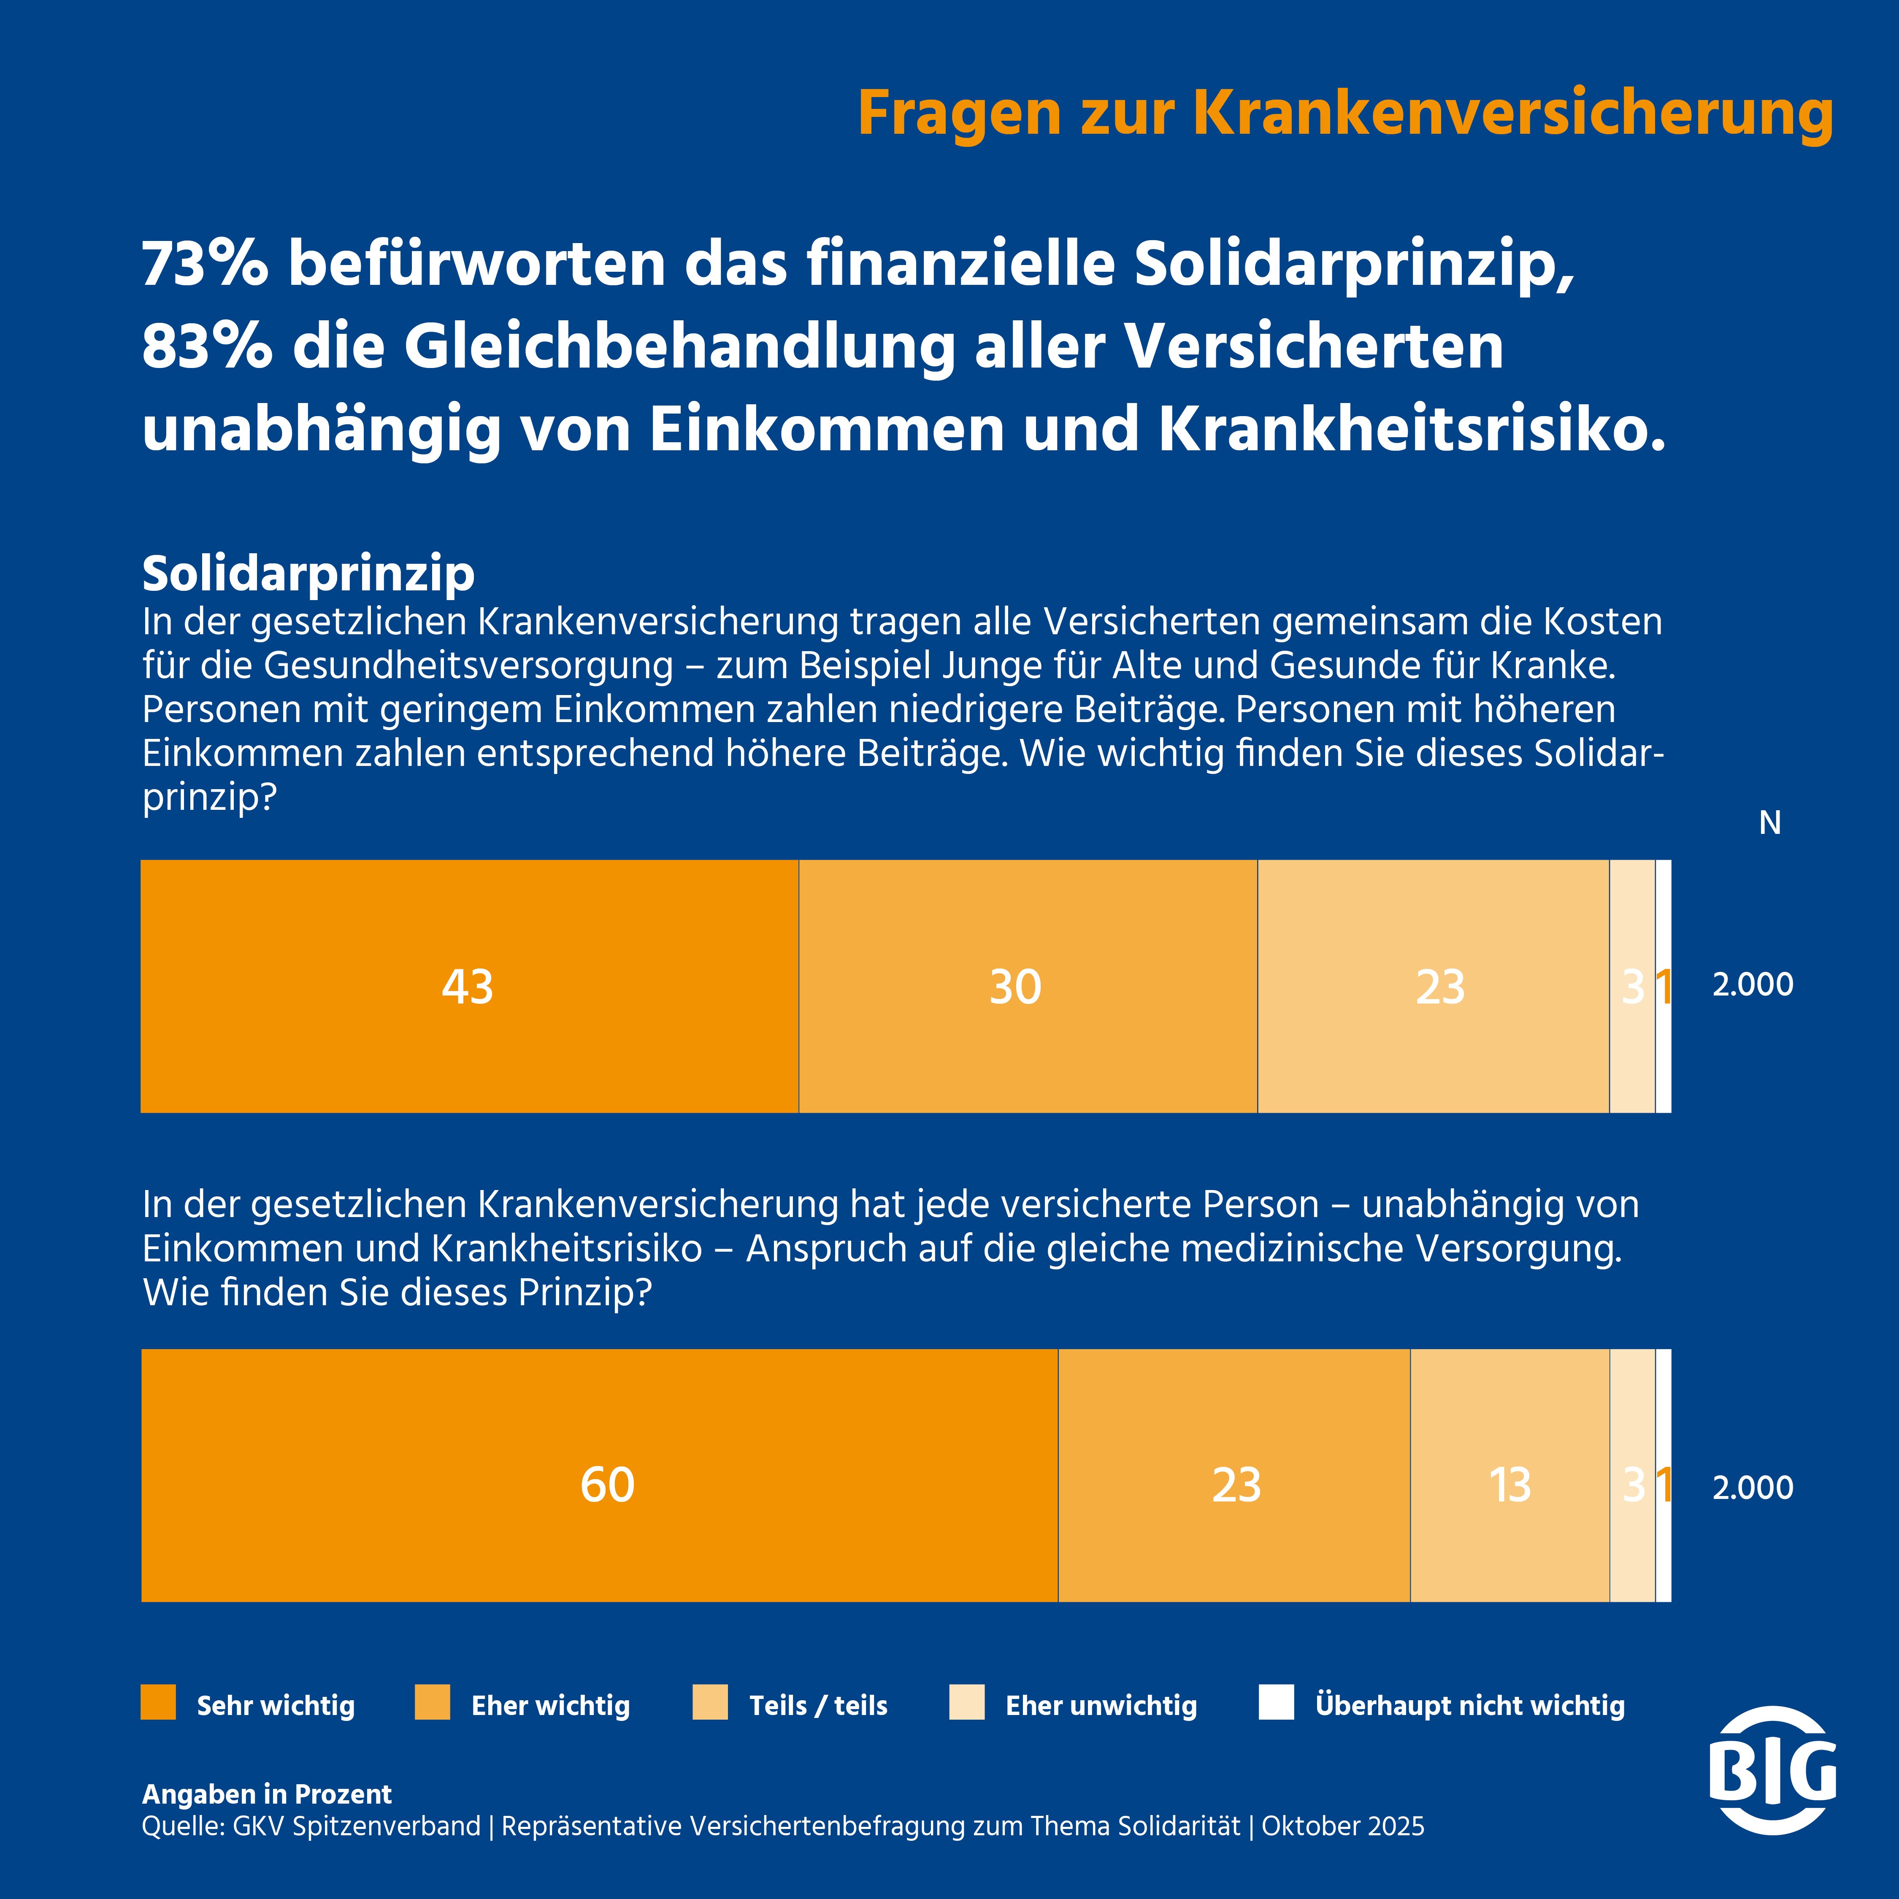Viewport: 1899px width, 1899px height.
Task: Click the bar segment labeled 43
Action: pos(469,986)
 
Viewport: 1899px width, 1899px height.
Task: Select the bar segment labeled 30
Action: pos(1027,986)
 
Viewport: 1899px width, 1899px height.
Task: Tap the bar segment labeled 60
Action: pos(600,1484)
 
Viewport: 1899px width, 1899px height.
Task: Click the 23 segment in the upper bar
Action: pos(1433,986)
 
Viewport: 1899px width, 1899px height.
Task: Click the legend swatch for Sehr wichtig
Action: pos(158,1702)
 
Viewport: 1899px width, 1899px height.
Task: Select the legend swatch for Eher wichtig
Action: pos(433,1702)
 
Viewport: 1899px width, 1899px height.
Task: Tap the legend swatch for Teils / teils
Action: pos(710,1702)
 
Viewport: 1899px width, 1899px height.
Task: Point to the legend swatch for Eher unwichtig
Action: pos(966,1702)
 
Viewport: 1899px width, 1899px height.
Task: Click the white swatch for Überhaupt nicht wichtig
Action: pos(1276,1702)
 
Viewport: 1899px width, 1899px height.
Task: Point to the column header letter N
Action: pos(1769,823)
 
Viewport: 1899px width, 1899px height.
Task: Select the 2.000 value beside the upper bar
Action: pos(1753,984)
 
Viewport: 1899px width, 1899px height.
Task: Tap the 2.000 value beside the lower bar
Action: pos(1753,1487)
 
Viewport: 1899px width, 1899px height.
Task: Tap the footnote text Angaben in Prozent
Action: pos(266,1794)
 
